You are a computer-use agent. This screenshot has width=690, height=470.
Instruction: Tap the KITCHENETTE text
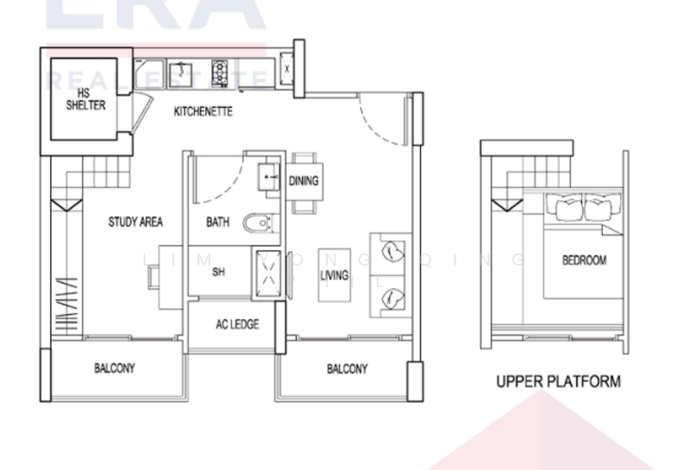point(203,112)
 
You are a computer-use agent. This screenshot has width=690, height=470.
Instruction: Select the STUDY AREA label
point(135,222)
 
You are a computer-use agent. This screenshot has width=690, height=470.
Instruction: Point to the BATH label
point(217,222)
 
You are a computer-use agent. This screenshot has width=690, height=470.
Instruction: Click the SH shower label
point(218,272)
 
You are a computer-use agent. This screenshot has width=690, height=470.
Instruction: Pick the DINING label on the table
point(304,181)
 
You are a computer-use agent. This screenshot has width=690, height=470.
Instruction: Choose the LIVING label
point(334,276)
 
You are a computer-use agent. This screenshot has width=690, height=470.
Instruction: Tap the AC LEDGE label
point(236,325)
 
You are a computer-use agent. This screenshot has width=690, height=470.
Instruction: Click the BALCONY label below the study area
point(114,368)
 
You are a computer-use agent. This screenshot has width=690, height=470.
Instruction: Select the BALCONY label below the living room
point(347,368)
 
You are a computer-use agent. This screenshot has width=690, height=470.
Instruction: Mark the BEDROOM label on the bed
point(584,260)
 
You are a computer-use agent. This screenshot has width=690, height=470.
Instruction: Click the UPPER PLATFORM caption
point(558,380)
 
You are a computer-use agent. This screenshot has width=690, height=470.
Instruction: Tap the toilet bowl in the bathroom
point(257,224)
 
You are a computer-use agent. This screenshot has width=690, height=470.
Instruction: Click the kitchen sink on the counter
point(181,72)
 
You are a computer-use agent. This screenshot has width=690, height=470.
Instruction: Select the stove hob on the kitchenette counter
point(219,69)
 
